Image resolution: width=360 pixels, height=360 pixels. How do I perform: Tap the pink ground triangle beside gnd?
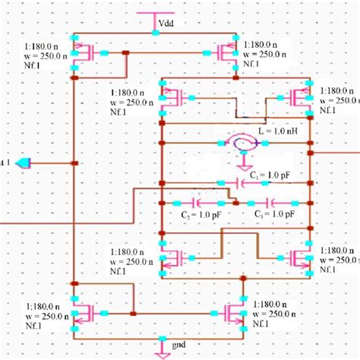tap(163, 350)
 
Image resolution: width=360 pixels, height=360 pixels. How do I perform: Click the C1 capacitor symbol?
tap(221, 183)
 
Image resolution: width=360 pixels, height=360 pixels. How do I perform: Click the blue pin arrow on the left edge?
tap(24, 163)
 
